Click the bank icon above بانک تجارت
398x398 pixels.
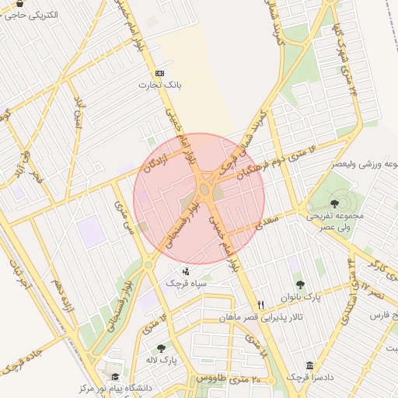[x=160, y=72]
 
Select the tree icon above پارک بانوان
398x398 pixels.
[x=300, y=285]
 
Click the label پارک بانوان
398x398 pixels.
[x=300, y=297]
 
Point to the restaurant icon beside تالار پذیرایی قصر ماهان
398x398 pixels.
[x=261, y=305]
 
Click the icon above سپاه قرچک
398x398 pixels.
[x=186, y=271]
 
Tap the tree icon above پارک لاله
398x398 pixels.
[x=161, y=348]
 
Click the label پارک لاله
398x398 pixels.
[x=165, y=360]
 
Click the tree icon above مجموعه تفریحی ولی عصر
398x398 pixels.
[x=334, y=203]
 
